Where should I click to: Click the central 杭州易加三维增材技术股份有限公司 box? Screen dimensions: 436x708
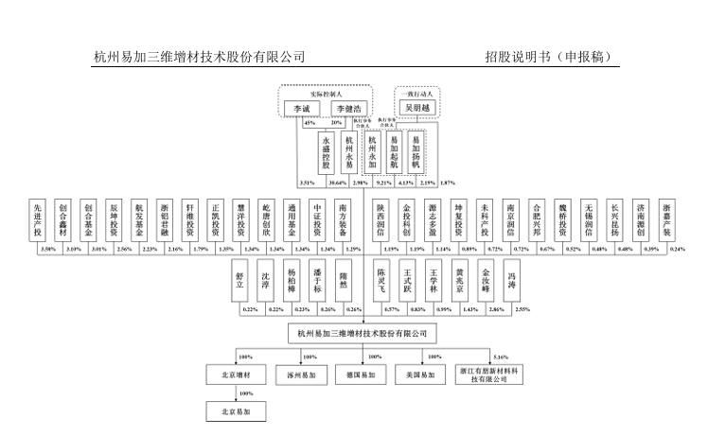363,333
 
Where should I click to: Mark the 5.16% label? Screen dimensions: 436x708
501,357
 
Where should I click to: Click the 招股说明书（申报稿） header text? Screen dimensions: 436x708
550,56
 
